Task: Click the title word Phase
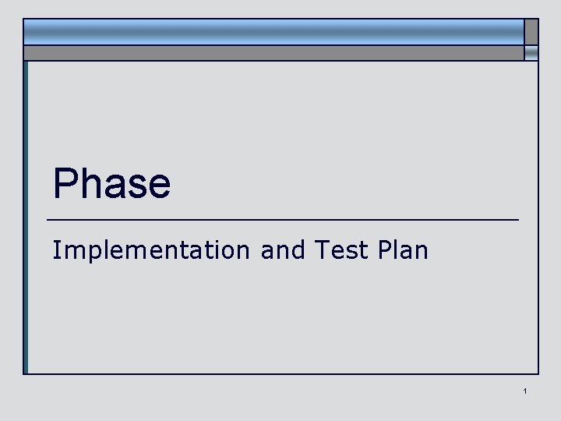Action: pyautogui.click(x=111, y=184)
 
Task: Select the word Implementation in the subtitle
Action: pyautogui.click(x=150, y=250)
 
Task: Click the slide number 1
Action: pyautogui.click(x=526, y=391)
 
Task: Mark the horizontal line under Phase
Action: pyautogui.click(x=282, y=220)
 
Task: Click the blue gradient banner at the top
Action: pyautogui.click(x=273, y=31)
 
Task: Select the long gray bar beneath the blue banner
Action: pyautogui.click(x=273, y=53)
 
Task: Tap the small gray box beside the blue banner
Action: pyautogui.click(x=531, y=31)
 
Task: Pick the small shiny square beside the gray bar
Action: pyautogui.click(x=531, y=53)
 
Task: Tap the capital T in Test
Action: pyautogui.click(x=321, y=250)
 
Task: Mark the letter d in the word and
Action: pyautogui.click(x=298, y=250)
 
